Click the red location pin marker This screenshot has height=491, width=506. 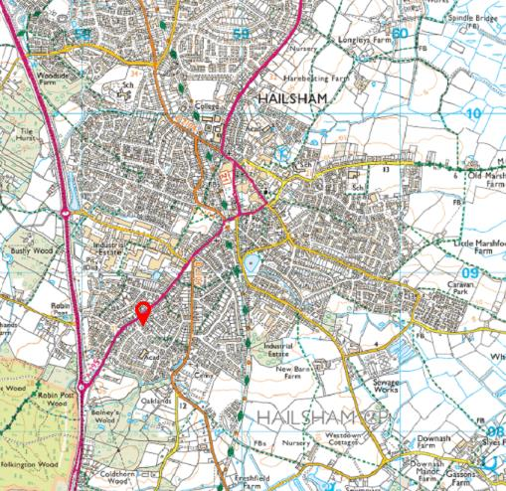point(144,313)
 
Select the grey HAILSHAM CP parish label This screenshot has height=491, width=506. point(317,414)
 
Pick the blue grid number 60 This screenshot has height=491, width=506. point(400,33)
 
